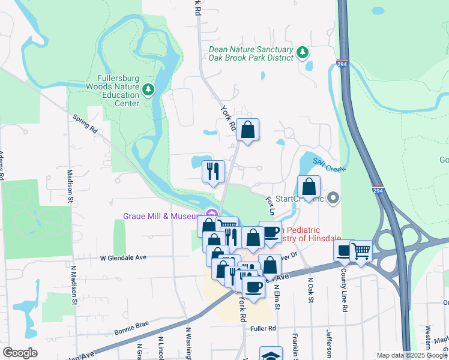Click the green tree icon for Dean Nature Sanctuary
[x=303, y=53]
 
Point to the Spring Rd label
[x=85, y=123]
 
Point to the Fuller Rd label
[x=264, y=328]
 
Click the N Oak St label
[x=311, y=289]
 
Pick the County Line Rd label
[x=345, y=295]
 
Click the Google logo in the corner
[x=20, y=352]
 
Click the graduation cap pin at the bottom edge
[x=271, y=355]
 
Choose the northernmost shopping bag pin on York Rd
[x=247, y=129]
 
